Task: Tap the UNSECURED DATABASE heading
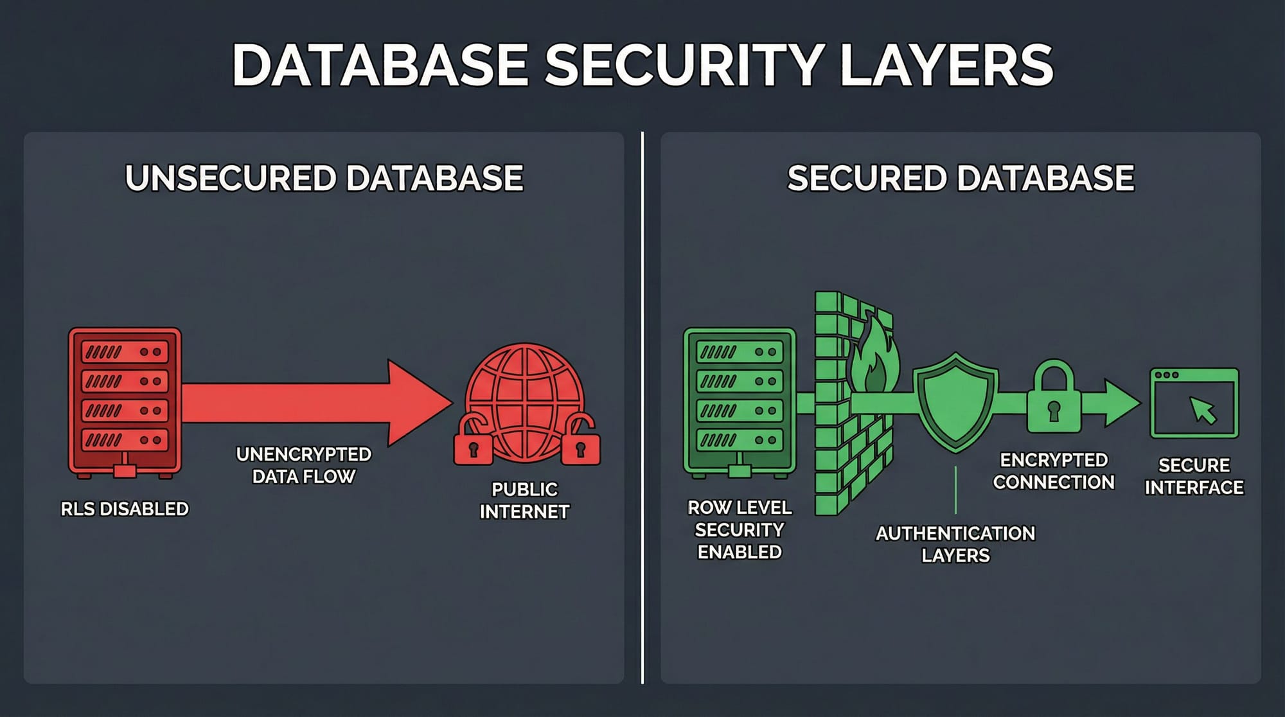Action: tap(324, 178)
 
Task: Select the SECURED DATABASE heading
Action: tap(961, 178)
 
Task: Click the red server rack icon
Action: tap(125, 402)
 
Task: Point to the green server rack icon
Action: tap(740, 402)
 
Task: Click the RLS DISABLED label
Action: tap(125, 509)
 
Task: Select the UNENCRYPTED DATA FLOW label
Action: tap(303, 465)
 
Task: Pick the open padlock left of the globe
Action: tap(473, 443)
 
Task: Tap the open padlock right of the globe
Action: tap(581, 443)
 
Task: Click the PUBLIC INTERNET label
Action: tap(524, 500)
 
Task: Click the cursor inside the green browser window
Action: tap(1202, 410)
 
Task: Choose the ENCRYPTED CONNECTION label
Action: tap(1054, 471)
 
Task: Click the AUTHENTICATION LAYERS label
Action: tap(955, 544)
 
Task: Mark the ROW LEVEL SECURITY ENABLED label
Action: tap(740, 529)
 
